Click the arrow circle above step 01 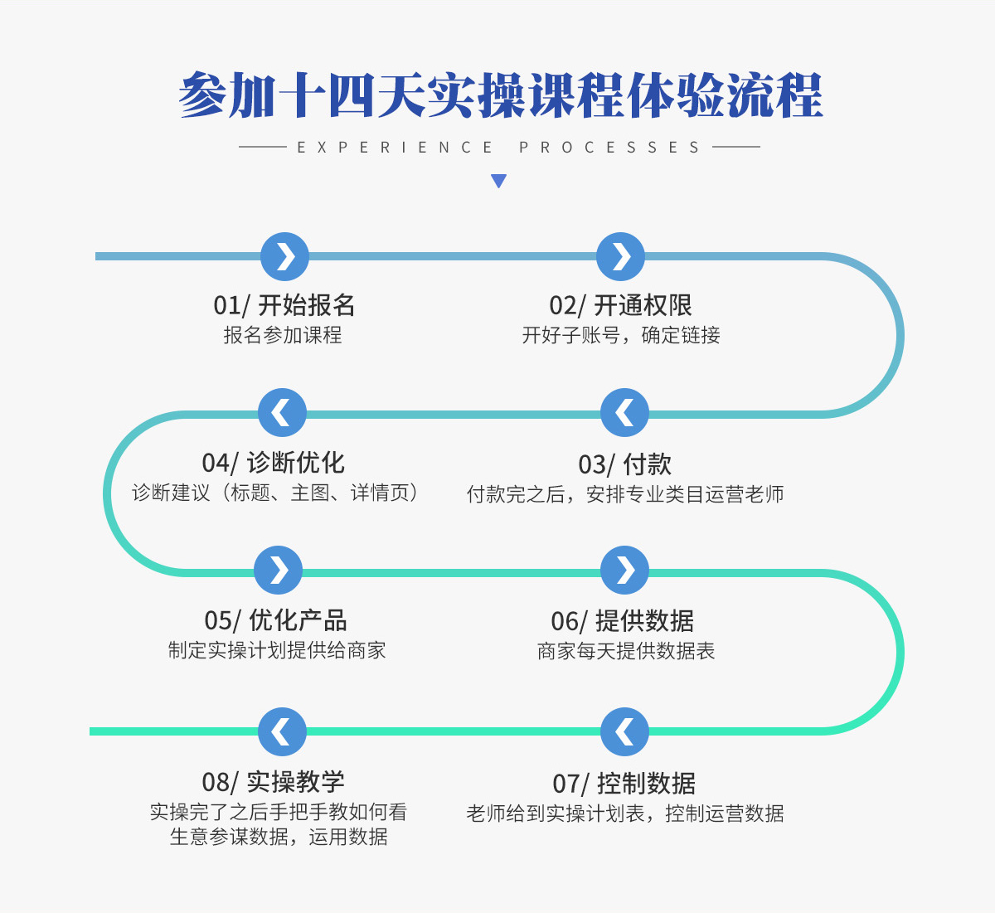click(x=284, y=256)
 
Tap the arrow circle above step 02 click(x=620, y=256)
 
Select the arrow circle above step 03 click(x=624, y=412)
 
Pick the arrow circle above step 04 click(x=282, y=412)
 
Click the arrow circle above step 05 click(x=278, y=571)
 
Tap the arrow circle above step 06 click(x=624, y=571)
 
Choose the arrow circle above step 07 click(x=624, y=732)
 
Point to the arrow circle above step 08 click(x=282, y=732)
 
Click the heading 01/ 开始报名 click(x=284, y=305)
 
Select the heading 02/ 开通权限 click(x=620, y=305)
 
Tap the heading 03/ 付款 click(x=625, y=464)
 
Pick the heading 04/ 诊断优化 click(x=274, y=463)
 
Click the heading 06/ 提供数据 click(x=623, y=621)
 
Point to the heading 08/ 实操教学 click(x=274, y=783)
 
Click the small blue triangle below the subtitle click(x=498, y=181)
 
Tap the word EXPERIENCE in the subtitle click(x=395, y=148)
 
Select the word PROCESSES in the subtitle click(x=609, y=148)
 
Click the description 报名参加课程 click(x=283, y=335)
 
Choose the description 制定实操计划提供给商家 click(x=277, y=650)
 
